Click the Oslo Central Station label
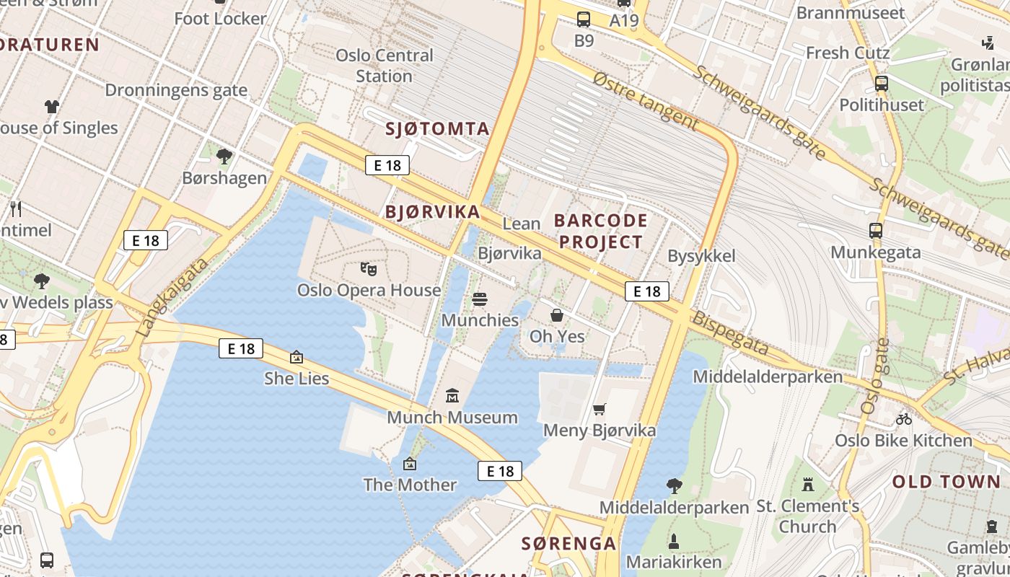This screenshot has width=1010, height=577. [x=385, y=66]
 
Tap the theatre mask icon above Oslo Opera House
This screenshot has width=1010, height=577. [x=369, y=270]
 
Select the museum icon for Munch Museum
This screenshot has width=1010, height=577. [x=452, y=396]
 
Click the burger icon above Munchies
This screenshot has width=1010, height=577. [x=480, y=299]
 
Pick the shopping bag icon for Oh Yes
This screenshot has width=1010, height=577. [x=557, y=315]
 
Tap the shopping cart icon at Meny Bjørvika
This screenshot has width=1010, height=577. [x=599, y=410]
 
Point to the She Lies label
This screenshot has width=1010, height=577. [x=297, y=378]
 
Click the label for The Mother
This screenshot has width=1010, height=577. [x=410, y=484]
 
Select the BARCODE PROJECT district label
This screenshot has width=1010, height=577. [x=600, y=231]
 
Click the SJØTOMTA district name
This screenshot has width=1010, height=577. [x=437, y=129]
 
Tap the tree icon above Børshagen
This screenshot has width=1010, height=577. [x=224, y=156]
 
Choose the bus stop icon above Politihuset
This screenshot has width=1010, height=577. [x=882, y=84]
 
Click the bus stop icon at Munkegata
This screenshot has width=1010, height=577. [x=876, y=232]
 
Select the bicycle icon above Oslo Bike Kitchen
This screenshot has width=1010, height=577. [x=903, y=419]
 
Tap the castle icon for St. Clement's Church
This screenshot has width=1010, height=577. [x=808, y=484]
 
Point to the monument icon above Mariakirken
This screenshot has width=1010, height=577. [x=674, y=541]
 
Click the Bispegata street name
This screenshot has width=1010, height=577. [x=730, y=333]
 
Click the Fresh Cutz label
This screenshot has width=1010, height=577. [x=848, y=53]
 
